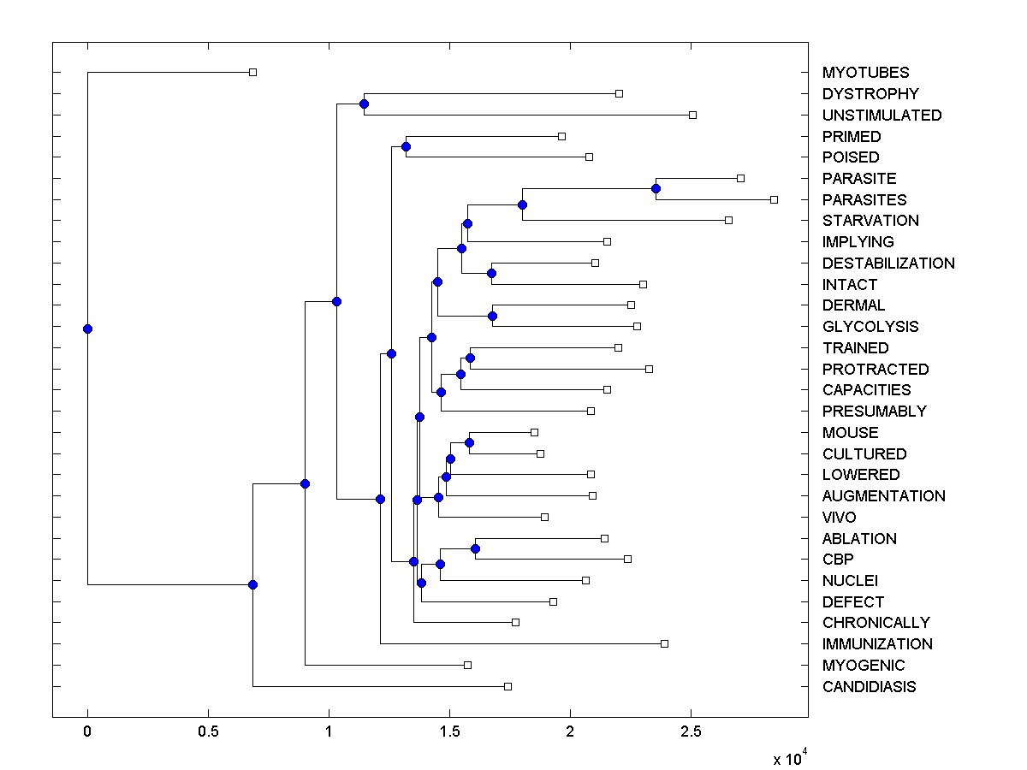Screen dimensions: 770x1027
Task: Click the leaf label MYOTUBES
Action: [865, 73]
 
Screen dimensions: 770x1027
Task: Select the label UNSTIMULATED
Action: [882, 115]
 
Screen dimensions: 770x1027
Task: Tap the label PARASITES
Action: [864, 199]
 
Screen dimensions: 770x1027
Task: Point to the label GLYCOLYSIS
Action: [870, 326]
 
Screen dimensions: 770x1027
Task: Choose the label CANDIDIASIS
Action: [869, 686]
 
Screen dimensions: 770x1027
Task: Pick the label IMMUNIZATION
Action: [877, 643]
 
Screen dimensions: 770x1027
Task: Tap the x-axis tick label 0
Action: [87, 732]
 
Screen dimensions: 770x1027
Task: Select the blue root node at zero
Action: [87, 329]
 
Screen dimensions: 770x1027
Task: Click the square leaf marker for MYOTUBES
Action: [252, 72]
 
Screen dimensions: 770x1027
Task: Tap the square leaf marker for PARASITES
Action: [774, 199]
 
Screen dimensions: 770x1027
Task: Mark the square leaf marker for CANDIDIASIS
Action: [508, 686]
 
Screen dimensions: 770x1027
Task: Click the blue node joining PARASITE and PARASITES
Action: [656, 188]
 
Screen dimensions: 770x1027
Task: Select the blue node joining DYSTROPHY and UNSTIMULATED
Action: [364, 104]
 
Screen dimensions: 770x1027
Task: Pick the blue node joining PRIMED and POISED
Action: [406, 146]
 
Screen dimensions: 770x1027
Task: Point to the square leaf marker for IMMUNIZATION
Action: [664, 643]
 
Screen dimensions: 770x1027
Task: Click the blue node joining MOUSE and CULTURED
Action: [469, 442]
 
